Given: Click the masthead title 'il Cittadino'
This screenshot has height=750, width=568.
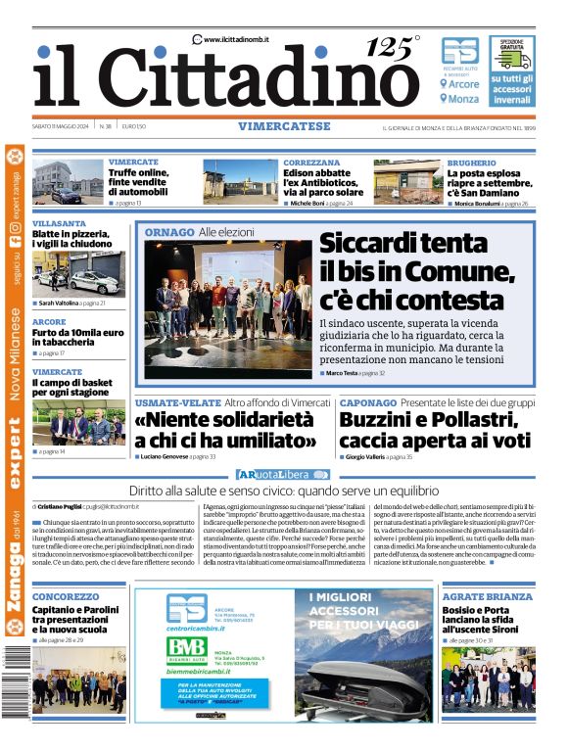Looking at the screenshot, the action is [x=225, y=76].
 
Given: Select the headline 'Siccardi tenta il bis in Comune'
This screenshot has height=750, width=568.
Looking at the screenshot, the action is [x=416, y=270].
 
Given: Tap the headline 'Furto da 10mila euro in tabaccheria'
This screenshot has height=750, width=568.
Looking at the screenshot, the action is [x=76, y=338].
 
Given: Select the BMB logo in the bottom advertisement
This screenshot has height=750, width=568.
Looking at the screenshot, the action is [x=186, y=647].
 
